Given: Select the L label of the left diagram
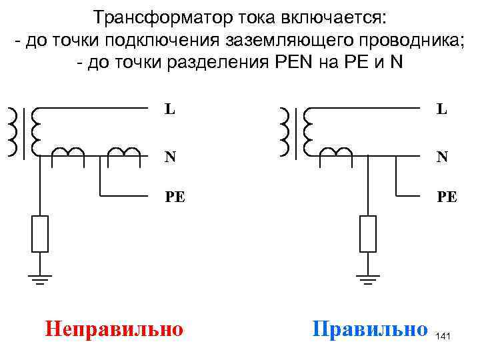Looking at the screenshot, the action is coord(171,108).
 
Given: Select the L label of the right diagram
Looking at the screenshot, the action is coord(442,108).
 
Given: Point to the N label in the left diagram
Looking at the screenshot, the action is coord(171,157).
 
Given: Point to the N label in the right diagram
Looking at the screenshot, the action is coord(442,157).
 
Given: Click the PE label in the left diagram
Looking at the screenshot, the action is coord(175,197).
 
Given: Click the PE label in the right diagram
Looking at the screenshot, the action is coord(447,197).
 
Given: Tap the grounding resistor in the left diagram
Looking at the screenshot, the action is coord(41,233).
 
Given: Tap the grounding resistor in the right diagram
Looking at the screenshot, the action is coord(367,233).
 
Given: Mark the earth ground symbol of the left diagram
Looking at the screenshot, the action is coord(41,279).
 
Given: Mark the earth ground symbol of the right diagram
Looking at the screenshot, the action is coord(367,279).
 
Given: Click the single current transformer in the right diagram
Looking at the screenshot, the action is coord(337,152).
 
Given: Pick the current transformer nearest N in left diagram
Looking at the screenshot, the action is coord(125,152).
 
